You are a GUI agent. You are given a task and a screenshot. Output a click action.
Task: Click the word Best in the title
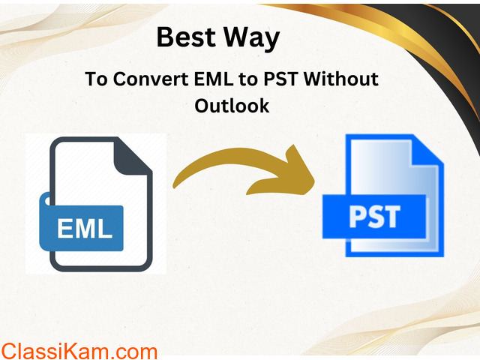pyautogui.click(x=186, y=37)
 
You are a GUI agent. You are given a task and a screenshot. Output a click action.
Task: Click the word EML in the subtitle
pyautogui.click(x=213, y=79)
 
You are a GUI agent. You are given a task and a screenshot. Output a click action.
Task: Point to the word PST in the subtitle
pyautogui.click(x=280, y=79)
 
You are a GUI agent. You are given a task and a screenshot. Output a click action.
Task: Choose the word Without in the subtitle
pyautogui.click(x=341, y=79)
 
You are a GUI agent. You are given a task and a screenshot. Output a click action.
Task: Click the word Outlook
pyautogui.click(x=232, y=106)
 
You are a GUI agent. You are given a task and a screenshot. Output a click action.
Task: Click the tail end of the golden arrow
pyautogui.click(x=175, y=184)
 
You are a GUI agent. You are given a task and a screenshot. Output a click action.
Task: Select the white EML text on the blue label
pyautogui.click(x=85, y=228)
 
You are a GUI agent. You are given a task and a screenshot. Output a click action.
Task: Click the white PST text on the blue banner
pyautogui.click(x=375, y=217)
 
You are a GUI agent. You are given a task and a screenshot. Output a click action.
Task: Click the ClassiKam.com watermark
pyautogui.click(x=79, y=352)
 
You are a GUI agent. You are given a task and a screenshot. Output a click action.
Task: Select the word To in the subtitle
pyautogui.click(x=96, y=79)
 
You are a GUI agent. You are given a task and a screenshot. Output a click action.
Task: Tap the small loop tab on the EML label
pyautogui.click(x=46, y=199)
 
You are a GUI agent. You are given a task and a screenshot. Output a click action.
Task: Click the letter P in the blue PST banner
pyautogui.click(x=358, y=217)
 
